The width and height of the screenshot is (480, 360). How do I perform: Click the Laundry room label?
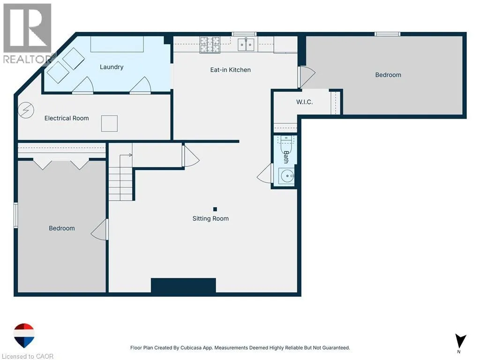tap(112, 67)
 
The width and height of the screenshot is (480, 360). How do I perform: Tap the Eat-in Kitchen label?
tap(231, 70)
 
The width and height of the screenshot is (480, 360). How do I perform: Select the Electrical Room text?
tap(67, 118)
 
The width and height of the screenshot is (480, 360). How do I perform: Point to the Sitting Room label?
tap(210, 218)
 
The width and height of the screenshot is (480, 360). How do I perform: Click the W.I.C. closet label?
tap(304, 102)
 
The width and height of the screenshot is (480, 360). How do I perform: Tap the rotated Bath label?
tap(286, 157)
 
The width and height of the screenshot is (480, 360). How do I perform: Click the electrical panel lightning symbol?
tap(26, 110)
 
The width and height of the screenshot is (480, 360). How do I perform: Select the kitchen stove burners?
tap(210, 45)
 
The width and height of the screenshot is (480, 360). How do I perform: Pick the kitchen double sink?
tap(246, 45)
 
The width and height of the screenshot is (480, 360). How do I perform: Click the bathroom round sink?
tap(287, 176)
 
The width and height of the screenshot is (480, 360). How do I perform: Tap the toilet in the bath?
tap(286, 144)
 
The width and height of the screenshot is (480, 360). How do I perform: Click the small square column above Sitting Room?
tap(215, 209)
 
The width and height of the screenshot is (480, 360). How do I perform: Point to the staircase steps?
tap(121, 178)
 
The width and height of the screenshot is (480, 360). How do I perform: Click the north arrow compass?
tap(460, 341)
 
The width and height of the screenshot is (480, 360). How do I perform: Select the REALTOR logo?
tap(28, 33)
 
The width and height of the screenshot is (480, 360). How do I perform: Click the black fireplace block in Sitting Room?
tap(183, 285)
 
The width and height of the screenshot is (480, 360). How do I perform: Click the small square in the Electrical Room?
tap(109, 123)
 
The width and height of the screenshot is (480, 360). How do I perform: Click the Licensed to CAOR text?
tap(28, 356)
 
